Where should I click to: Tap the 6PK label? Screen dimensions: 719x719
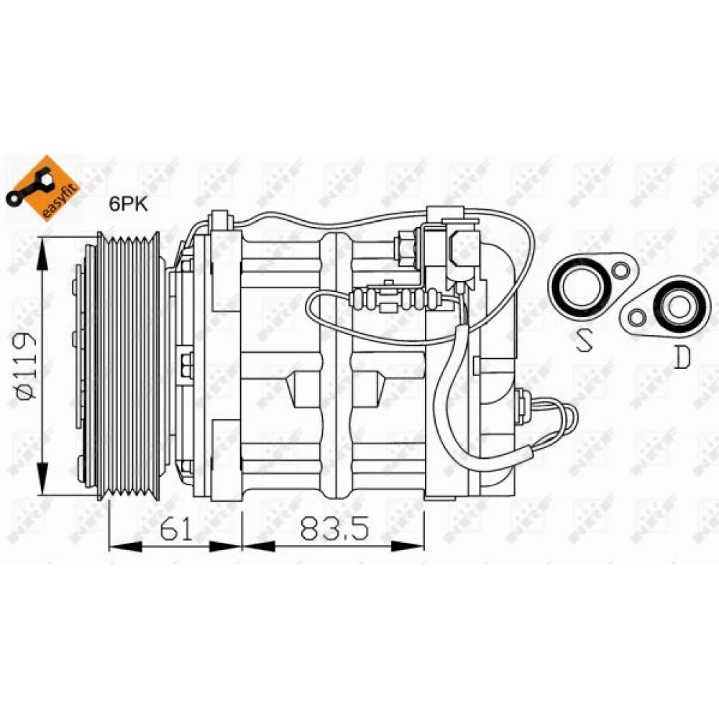tap(129, 204)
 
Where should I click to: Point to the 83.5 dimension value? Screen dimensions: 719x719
tap(334, 528)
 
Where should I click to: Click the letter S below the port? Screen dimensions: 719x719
tap(583, 341)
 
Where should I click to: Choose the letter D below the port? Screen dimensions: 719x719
tap(682, 357)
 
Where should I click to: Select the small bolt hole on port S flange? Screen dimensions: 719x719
tap(621, 270)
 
